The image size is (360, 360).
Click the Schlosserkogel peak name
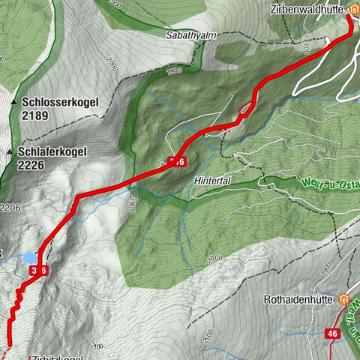click(66, 100)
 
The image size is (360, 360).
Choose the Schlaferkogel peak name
click(66, 151)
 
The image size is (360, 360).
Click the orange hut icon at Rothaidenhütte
click(344, 299)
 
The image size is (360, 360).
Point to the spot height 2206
click(9, 207)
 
